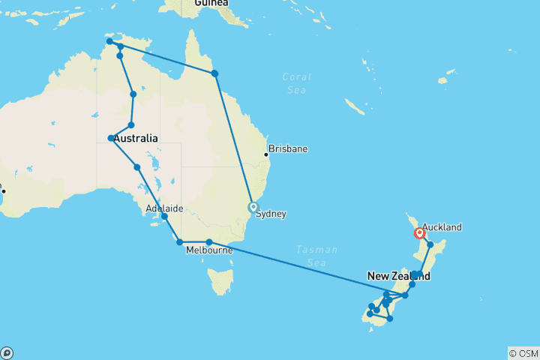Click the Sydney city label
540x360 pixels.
[271, 214]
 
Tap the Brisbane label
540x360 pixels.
[289, 149]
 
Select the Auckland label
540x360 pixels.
[442, 227]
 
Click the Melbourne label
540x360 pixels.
[209, 250]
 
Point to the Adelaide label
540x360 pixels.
[165, 208]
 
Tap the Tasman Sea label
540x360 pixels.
[316, 255]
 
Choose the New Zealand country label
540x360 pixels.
[398, 276]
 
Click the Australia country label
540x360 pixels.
[136, 138]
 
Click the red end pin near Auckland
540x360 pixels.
[419, 233]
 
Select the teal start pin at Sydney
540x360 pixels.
[253, 207]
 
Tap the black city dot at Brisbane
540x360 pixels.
[265, 155]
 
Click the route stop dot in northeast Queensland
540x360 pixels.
[215, 73]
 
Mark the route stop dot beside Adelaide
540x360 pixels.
[164, 217]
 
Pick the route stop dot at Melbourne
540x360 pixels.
[209, 241]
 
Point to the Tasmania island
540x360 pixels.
[220, 282]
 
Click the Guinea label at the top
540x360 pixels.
[211, 3]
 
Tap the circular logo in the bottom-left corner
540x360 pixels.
[7, 352]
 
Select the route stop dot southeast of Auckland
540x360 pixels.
[430, 244]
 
